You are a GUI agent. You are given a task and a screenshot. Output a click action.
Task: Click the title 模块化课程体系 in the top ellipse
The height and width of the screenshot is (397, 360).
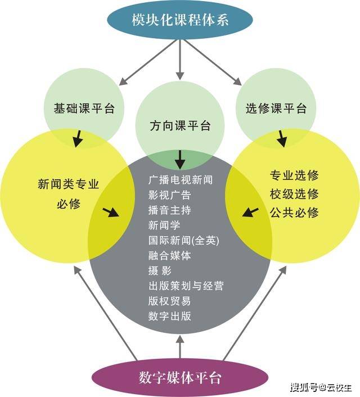[180, 20]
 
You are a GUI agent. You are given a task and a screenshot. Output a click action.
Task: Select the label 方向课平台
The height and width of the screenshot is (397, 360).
[180, 125]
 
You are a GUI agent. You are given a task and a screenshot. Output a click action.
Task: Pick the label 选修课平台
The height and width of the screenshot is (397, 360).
[276, 108]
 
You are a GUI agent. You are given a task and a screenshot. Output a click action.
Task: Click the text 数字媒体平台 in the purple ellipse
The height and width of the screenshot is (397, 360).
[180, 377]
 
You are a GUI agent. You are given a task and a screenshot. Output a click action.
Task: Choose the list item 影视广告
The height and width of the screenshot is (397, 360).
[169, 195]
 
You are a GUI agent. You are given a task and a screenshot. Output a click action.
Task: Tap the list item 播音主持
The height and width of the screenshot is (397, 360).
[169, 210]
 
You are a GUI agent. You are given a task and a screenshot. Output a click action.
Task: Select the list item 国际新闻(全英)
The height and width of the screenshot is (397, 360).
[183, 241]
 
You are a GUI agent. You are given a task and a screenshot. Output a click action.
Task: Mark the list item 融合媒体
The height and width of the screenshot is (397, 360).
[169, 256]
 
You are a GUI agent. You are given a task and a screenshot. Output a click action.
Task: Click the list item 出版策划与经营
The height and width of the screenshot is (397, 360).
[186, 286]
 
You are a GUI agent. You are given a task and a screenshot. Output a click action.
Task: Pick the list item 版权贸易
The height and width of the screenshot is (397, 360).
[169, 301]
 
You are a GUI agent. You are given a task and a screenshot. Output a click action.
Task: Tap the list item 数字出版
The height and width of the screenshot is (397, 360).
[169, 317]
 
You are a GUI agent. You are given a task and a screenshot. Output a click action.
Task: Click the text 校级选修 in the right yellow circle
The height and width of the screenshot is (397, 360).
[294, 194]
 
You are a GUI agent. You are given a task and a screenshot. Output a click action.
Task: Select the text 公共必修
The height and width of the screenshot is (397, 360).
[294, 213]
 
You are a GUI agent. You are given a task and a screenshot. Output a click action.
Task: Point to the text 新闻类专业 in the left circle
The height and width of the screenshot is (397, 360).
[68, 184]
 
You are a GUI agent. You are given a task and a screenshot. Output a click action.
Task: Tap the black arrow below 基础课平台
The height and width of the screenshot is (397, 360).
[79, 138]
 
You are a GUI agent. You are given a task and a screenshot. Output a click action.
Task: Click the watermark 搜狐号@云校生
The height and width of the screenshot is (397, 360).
[321, 387]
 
